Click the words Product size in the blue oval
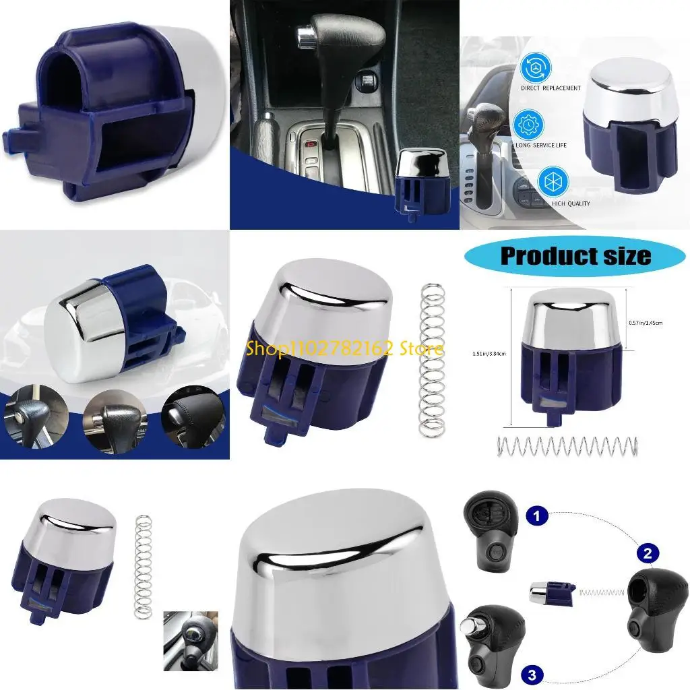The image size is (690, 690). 575,256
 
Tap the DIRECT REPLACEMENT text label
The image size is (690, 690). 550,88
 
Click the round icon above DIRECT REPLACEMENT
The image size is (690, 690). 536,67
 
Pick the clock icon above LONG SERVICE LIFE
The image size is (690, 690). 530,125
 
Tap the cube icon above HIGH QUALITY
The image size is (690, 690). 553,183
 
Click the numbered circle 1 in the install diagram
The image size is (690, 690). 536,517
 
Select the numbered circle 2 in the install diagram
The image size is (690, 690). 648,554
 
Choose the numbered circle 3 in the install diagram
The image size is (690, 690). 532,673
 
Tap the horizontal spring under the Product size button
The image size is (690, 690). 567,446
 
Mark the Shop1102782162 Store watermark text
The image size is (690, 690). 344,348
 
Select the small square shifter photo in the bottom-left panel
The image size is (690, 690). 191,640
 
